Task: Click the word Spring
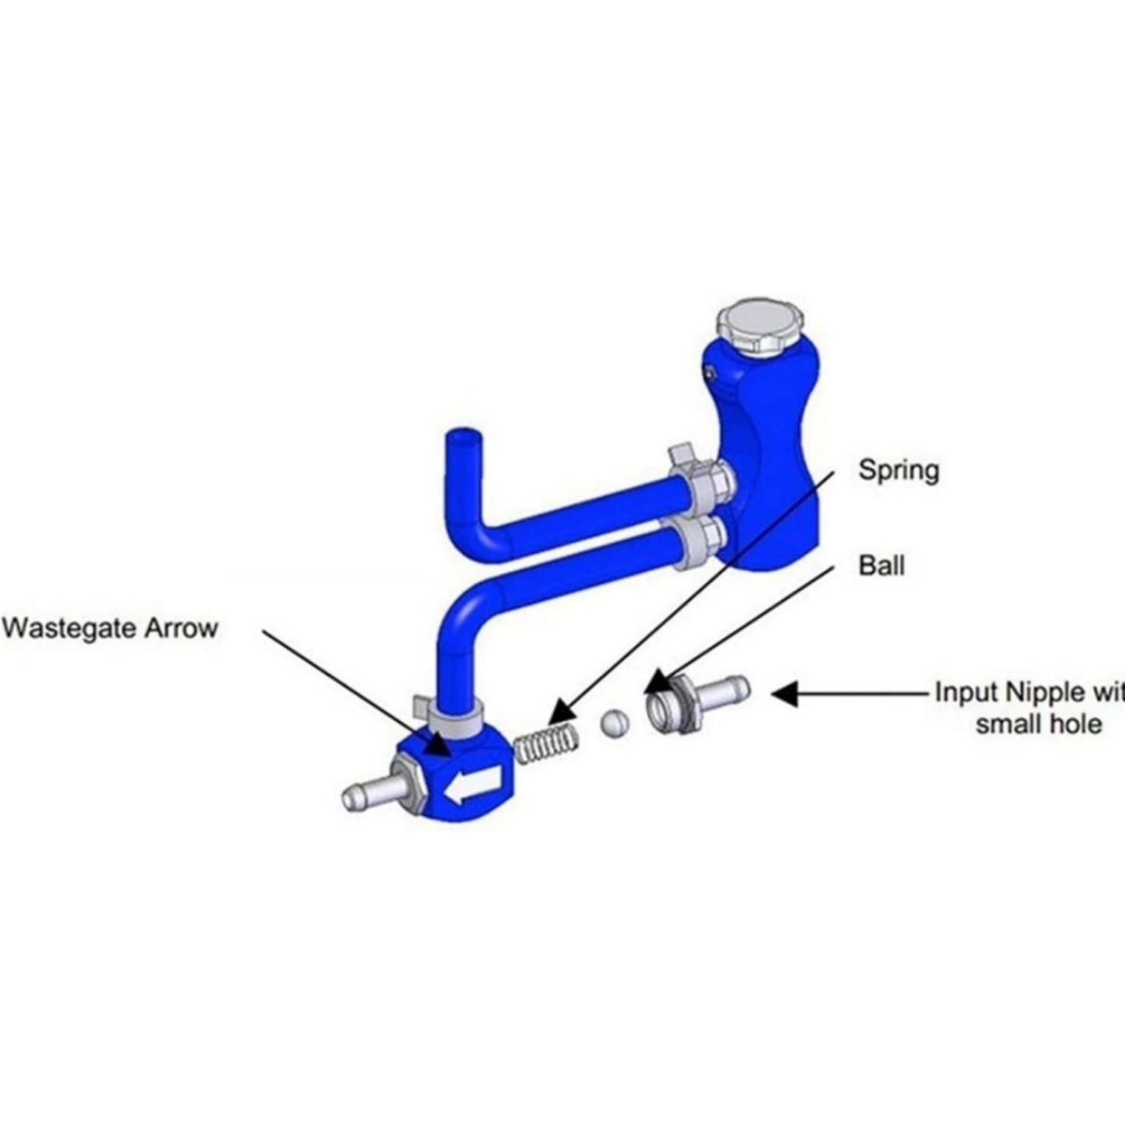point(898,469)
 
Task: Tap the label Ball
point(881,565)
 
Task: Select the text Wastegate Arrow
point(110,626)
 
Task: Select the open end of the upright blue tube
point(462,437)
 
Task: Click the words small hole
point(1038,723)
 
